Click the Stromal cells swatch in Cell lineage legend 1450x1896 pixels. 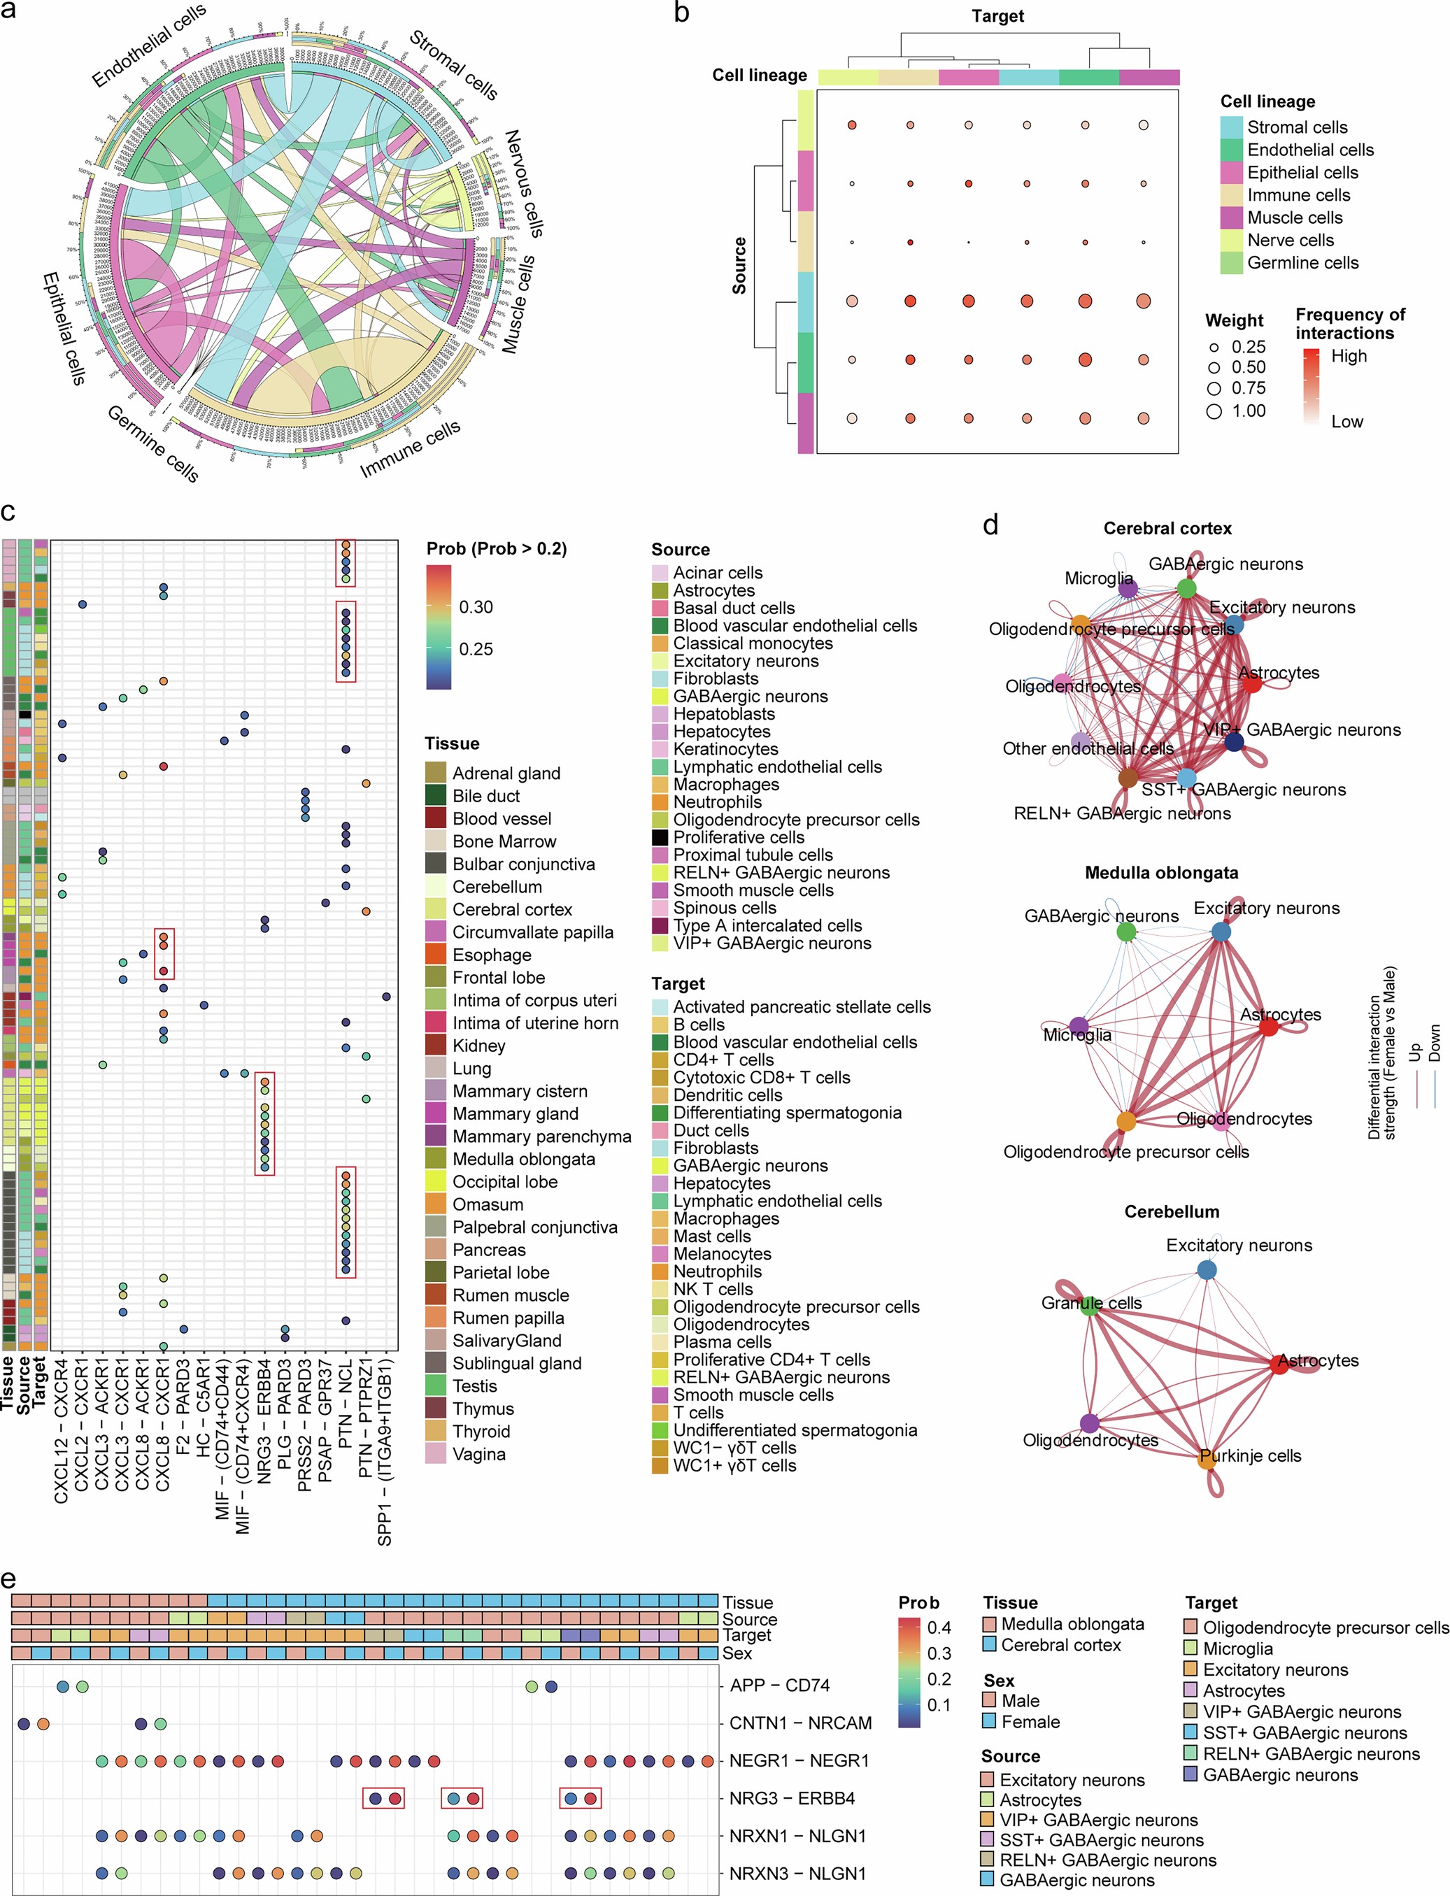[x=1232, y=127]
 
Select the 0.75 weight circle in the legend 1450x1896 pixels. [x=1214, y=388]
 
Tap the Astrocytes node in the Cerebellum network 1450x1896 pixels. [x=1280, y=1364]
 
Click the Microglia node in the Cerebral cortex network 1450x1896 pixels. [x=1128, y=589]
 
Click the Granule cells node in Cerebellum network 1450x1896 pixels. [x=1091, y=1306]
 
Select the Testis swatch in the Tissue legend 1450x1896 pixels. [x=436, y=1386]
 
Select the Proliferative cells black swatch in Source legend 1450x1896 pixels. [x=660, y=837]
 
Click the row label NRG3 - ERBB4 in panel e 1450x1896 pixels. [x=792, y=1799]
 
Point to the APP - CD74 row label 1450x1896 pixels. [x=779, y=1685]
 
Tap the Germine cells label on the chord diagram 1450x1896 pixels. [x=152, y=443]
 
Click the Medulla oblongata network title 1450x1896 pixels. [x=1161, y=873]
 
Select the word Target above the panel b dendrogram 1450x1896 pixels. [x=997, y=15]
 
